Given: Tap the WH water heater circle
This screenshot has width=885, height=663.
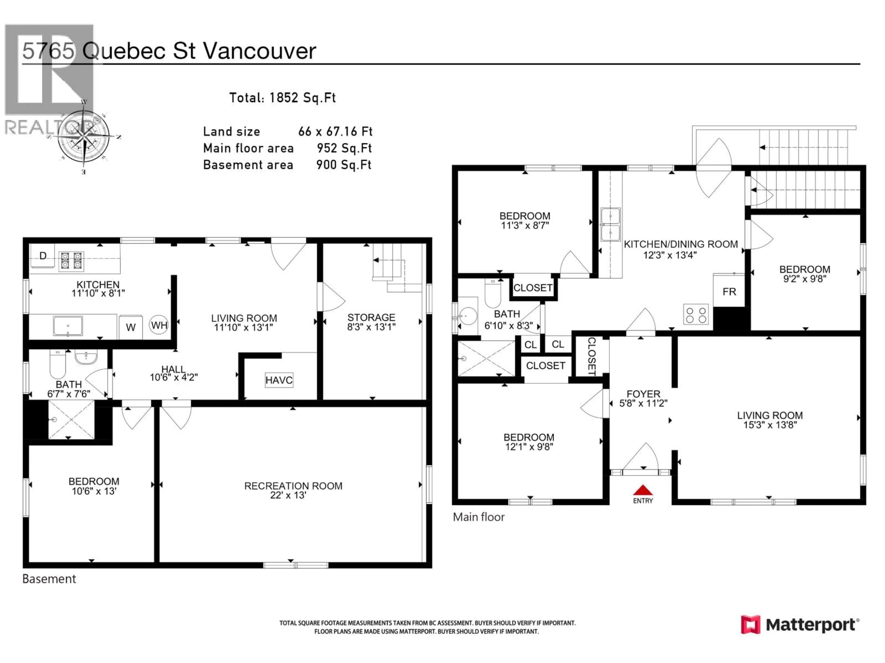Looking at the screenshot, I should (x=159, y=325).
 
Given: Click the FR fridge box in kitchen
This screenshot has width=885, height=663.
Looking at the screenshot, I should (x=729, y=291).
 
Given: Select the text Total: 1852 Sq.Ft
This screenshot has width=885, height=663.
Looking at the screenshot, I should (x=282, y=98).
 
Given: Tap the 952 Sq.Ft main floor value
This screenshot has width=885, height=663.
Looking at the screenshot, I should (x=344, y=148).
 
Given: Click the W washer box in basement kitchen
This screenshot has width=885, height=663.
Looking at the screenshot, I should (x=130, y=327).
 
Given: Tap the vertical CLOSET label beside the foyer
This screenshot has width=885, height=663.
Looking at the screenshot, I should (x=592, y=356).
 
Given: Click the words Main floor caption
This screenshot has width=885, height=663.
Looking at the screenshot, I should (x=478, y=517).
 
